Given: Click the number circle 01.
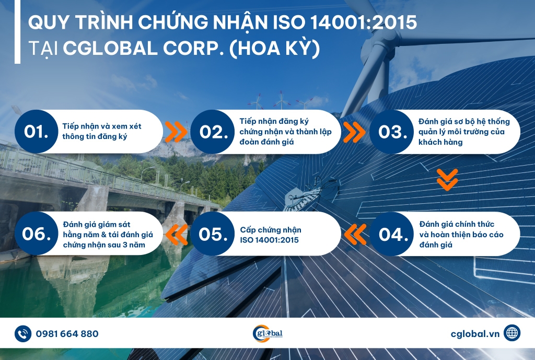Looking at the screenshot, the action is tap(36, 131).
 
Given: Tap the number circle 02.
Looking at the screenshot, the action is tap(213, 131).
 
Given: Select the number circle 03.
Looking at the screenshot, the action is tap(392, 131).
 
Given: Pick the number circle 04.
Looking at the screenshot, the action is tap(392, 234).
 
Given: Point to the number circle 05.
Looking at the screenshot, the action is tap(213, 234).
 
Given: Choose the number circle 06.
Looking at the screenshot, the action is tap(36, 234).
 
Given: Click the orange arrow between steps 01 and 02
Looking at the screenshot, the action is tap(176, 131).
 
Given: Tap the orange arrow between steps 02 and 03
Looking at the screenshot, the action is tap(354, 132).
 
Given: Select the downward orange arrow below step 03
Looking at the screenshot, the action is tap(447, 180).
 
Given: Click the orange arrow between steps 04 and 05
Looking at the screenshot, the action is tap(355, 234).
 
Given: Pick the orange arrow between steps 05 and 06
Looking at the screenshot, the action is tap(177, 235).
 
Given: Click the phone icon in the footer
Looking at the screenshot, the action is tap(23, 334).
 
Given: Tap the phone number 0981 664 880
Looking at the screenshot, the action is tap(67, 334).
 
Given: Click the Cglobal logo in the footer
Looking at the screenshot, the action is tap(267, 333).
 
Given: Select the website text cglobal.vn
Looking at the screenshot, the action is tap(475, 334).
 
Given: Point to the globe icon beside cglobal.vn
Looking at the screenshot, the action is tap(512, 333).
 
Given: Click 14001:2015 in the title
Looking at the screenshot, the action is tap(364, 22).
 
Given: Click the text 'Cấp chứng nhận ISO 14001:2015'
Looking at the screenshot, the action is tap(271, 235).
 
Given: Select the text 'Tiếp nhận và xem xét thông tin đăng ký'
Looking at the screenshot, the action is tap(102, 131).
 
